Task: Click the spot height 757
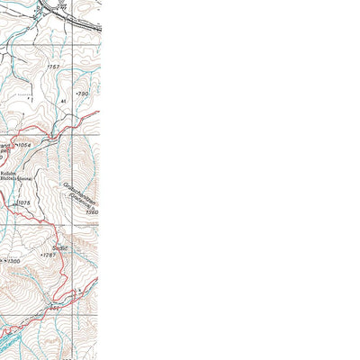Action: click(x=55, y=67)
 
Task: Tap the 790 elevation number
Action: click(x=84, y=94)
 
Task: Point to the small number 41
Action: click(x=64, y=102)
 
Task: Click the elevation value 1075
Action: click(x=23, y=204)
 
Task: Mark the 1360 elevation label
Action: click(x=92, y=212)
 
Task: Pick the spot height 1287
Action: click(x=49, y=256)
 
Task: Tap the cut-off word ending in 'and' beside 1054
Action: click(x=4, y=145)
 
